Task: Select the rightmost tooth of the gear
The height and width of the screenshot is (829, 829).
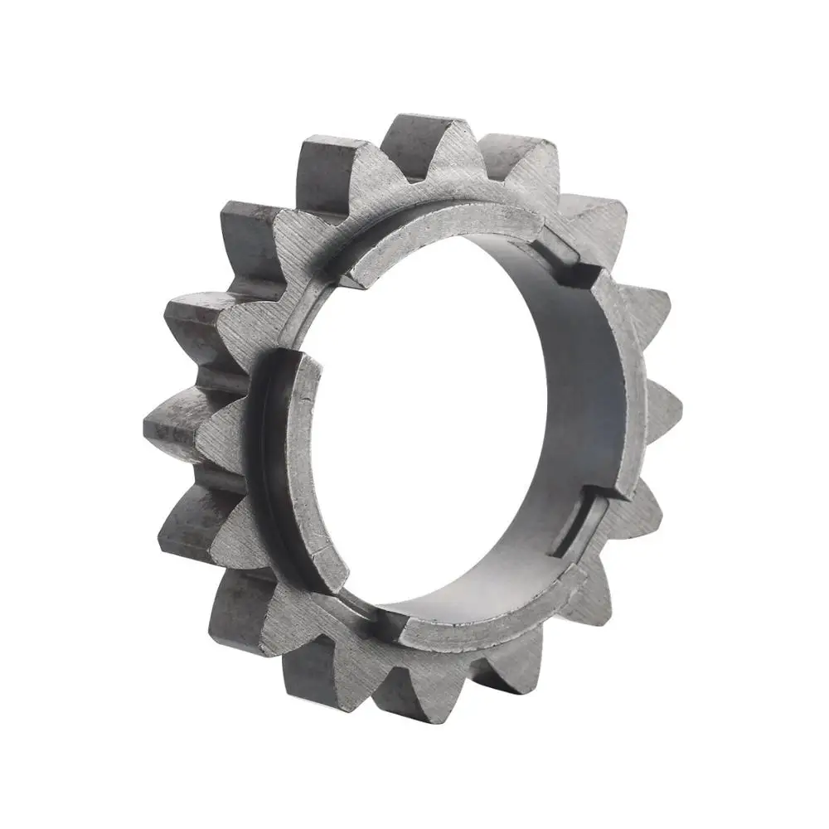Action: click(x=663, y=406)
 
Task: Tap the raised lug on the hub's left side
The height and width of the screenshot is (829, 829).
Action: click(x=294, y=464)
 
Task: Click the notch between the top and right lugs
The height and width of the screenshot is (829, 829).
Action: click(x=572, y=257)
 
